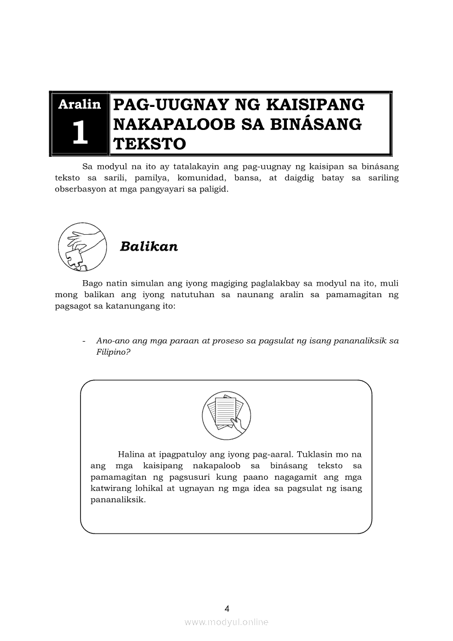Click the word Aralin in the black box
coord(80,104)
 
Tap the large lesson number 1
coord(80,133)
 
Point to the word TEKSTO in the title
coord(149,144)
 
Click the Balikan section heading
coord(149,247)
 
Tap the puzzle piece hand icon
coord(82,247)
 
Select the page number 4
coord(226,608)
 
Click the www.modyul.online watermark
coord(226,622)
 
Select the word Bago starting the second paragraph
coord(92,283)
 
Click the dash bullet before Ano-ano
coord(83,341)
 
